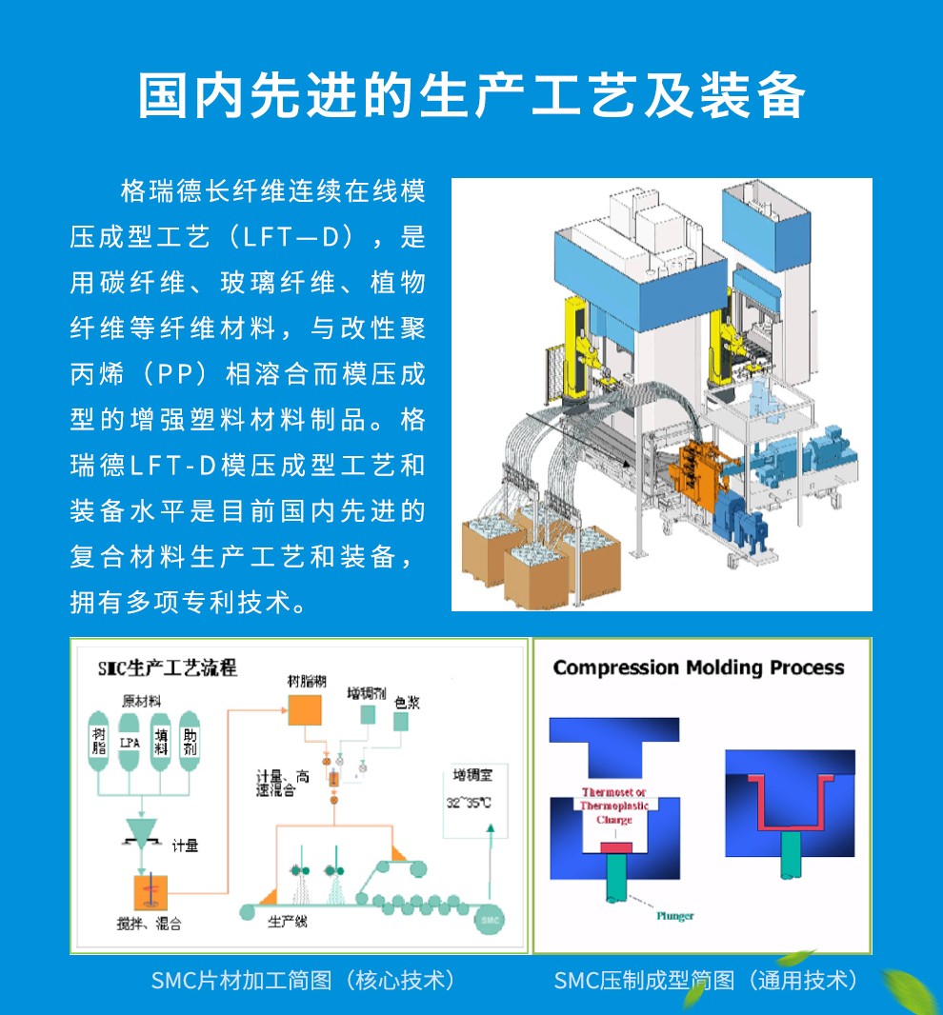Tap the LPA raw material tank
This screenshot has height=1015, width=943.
131,742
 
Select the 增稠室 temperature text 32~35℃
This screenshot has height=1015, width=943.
469,803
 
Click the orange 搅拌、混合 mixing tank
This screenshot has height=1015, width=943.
149,893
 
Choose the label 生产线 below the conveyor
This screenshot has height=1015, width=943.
287,922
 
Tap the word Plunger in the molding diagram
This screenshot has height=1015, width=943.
674,916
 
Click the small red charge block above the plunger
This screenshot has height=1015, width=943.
614,846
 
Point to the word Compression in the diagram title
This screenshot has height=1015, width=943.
615,667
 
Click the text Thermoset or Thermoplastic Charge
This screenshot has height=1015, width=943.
613,806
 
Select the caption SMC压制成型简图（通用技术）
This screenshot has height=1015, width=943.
706,980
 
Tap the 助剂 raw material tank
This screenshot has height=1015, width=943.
190,742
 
